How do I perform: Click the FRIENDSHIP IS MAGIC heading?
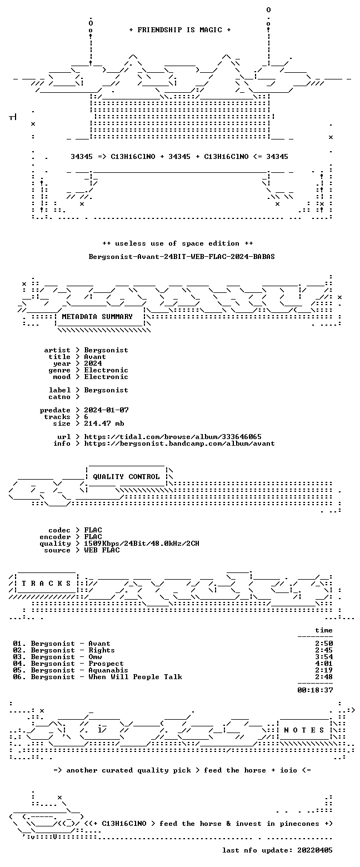click(x=180, y=30)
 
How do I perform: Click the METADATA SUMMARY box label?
click(x=97, y=317)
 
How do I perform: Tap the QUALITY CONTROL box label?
click(x=126, y=477)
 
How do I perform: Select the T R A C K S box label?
click(x=47, y=584)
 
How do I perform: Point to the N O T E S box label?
click(x=304, y=730)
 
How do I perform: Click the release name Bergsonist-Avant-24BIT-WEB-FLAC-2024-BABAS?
click(x=182, y=257)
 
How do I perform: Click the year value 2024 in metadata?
click(x=93, y=363)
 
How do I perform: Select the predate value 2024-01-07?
click(x=107, y=410)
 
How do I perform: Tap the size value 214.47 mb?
click(x=104, y=423)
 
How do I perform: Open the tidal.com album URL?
click(x=173, y=437)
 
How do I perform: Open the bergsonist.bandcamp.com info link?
click(x=179, y=444)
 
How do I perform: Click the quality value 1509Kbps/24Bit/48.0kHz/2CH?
click(x=142, y=544)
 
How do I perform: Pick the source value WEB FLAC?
click(x=102, y=550)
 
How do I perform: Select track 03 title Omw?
click(x=95, y=657)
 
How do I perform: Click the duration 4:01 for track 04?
click(x=324, y=664)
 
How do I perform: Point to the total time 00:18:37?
click(x=315, y=690)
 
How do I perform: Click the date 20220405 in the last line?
click(x=315, y=850)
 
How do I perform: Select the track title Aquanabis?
click(x=108, y=670)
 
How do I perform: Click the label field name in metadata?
click(x=59, y=390)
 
